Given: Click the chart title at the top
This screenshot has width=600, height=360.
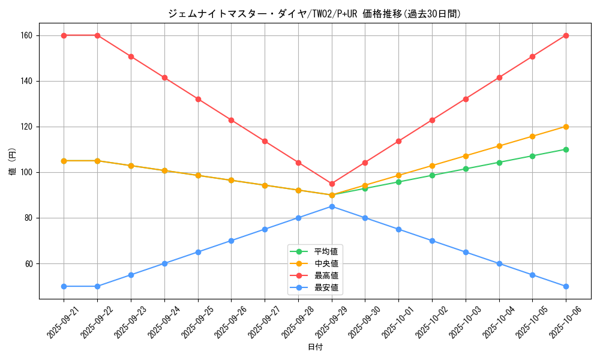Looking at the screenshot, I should pos(314,13).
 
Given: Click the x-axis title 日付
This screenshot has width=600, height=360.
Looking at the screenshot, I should pos(314,347).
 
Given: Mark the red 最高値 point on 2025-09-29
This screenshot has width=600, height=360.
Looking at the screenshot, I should pos(332,184).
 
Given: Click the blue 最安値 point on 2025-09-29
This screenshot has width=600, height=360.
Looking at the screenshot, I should pos(332,206).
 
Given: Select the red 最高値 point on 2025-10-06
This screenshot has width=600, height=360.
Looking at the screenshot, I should pos(566,35).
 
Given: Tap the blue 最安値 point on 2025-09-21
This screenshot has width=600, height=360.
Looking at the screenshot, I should pos(64,286).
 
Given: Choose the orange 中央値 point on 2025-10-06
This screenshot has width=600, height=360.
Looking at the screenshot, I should pos(566,127).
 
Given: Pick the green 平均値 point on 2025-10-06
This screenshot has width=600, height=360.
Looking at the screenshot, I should pos(566,149).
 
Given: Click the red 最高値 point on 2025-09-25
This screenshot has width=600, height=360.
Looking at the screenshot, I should pos(198,99).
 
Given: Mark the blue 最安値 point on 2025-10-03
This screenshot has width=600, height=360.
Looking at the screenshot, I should pos(466,252).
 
